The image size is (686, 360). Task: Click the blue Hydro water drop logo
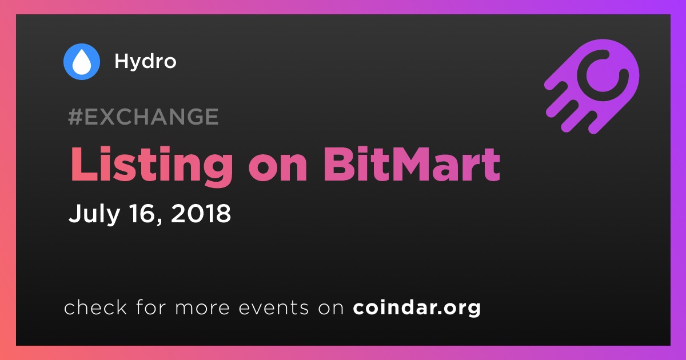(x=82, y=62)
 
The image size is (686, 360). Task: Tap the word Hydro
(x=145, y=62)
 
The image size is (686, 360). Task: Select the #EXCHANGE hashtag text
(x=143, y=117)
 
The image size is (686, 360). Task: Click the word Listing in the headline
(x=151, y=165)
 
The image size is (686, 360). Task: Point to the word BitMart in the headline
(x=412, y=165)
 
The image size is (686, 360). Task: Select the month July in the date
(x=94, y=214)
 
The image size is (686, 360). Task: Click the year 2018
(x=201, y=213)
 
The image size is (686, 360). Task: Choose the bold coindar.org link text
(x=417, y=308)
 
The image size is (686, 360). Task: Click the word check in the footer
(x=95, y=307)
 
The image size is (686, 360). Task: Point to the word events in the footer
(x=273, y=307)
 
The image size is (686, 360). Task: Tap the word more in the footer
(x=202, y=308)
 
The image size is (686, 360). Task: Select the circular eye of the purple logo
(x=603, y=75)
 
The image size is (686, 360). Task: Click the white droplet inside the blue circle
(x=82, y=62)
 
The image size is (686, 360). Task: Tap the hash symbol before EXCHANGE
(x=75, y=117)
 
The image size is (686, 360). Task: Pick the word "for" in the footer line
(x=151, y=307)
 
